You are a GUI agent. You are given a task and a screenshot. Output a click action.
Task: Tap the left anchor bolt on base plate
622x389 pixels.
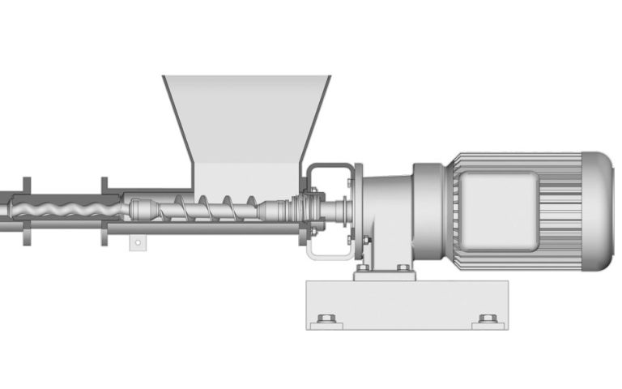coord(327,318)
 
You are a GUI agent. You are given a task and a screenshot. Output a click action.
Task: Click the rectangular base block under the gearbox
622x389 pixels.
coord(406,305)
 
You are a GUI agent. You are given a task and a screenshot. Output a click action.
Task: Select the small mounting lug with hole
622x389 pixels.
coord(138,241)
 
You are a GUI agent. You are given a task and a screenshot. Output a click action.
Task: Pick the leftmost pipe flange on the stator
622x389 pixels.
coord(27,210)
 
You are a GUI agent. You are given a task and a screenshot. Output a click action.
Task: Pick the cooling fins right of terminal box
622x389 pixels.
coord(559,203)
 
